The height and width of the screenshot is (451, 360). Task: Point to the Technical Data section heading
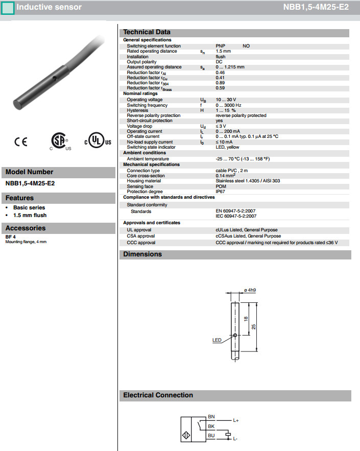coord(147,32)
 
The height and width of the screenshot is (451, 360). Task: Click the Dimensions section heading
coord(142,254)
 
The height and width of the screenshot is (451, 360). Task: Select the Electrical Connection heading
coord(158,395)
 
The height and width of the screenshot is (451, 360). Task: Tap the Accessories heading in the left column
coord(26,228)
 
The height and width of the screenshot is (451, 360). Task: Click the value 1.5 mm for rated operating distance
coord(223,51)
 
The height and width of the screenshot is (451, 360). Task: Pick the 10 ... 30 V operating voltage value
coord(226,100)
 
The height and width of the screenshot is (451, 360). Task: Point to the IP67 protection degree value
coord(221,192)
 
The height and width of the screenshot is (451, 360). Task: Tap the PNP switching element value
coord(220,46)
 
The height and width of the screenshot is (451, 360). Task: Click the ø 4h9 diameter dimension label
coord(250,290)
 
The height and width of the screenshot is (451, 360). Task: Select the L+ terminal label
coord(236,421)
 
